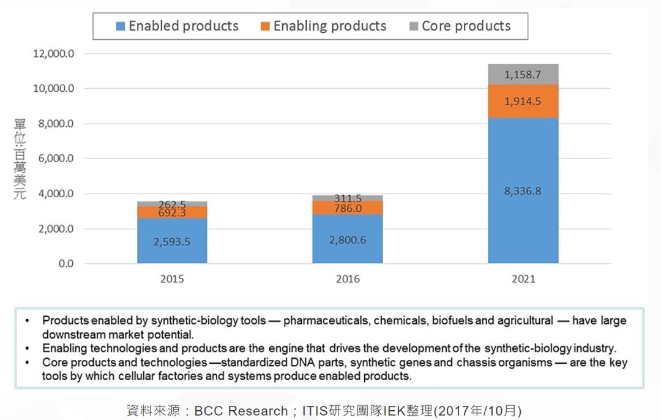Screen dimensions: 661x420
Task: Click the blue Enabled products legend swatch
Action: [x=121, y=26]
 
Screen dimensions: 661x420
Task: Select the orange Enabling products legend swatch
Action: [x=265, y=26]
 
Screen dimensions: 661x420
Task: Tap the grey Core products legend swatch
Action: [x=414, y=26]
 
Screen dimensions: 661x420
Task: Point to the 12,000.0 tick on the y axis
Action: [x=53, y=53]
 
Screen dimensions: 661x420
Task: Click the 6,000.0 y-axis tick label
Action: [x=56, y=159]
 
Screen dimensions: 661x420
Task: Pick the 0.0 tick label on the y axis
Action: [x=66, y=263]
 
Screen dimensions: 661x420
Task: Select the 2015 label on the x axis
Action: [x=172, y=279]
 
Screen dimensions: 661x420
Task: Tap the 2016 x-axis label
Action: [x=348, y=279]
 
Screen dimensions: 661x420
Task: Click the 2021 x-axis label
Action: [x=523, y=279]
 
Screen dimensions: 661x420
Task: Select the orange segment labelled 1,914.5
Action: [x=523, y=101]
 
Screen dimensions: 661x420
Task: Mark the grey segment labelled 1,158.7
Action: [x=523, y=74]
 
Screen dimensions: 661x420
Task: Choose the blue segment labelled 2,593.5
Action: [x=172, y=241]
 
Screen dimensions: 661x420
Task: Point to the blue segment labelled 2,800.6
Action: [x=348, y=239]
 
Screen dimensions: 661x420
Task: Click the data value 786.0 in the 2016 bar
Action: [x=348, y=208]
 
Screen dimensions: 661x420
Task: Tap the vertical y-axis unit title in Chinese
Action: [x=20, y=159]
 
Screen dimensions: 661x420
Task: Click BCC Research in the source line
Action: [x=241, y=411]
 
